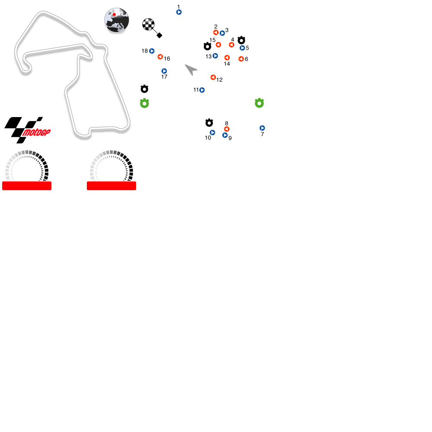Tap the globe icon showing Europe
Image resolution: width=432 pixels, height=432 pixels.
(x=117, y=20)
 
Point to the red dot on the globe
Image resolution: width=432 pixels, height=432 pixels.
(x=114, y=15)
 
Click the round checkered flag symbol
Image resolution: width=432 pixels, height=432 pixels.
(x=148, y=24)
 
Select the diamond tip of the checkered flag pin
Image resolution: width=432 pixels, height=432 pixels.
(x=159, y=35)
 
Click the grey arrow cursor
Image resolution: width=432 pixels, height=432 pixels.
(x=191, y=69)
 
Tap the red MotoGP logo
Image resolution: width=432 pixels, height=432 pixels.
(x=36, y=133)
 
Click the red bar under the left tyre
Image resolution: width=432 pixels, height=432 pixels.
(x=27, y=186)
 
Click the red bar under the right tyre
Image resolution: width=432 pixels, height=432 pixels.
(x=111, y=186)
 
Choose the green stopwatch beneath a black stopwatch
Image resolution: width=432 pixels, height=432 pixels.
(x=144, y=103)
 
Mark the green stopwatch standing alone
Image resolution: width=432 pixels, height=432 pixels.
(x=259, y=103)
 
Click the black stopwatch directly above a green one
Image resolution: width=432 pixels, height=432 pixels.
(x=144, y=89)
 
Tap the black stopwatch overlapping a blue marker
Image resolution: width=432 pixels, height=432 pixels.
(x=241, y=41)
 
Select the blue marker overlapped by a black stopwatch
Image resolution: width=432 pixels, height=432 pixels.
(x=243, y=48)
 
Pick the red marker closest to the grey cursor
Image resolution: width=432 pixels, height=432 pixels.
(x=213, y=77)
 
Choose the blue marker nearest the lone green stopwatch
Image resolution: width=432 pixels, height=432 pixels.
(x=262, y=128)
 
